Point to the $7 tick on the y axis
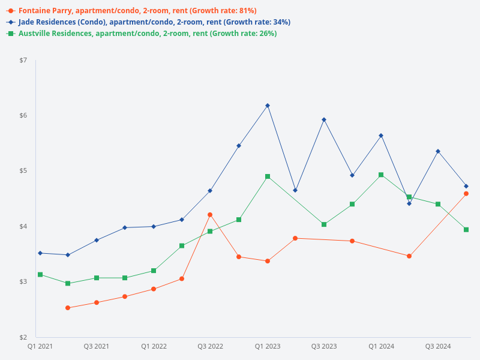coord(23,61)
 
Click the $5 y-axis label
coord(23,171)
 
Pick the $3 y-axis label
coord(23,282)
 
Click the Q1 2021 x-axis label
coord(40,346)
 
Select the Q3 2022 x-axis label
coord(210,346)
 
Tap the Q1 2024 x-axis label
coord(381,346)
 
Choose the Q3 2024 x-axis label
coord(438,346)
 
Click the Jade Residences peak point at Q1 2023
coord(268,106)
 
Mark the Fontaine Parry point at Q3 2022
coord(210,215)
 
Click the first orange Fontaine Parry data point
coord(68,308)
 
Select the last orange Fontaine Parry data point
coord(466,194)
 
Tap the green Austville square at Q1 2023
coord(268,177)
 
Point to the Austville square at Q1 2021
coord(40,275)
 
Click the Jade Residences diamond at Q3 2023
coord(324,119)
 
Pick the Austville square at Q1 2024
coord(381,175)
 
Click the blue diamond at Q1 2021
coord(40,253)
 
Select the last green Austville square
coord(466,230)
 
